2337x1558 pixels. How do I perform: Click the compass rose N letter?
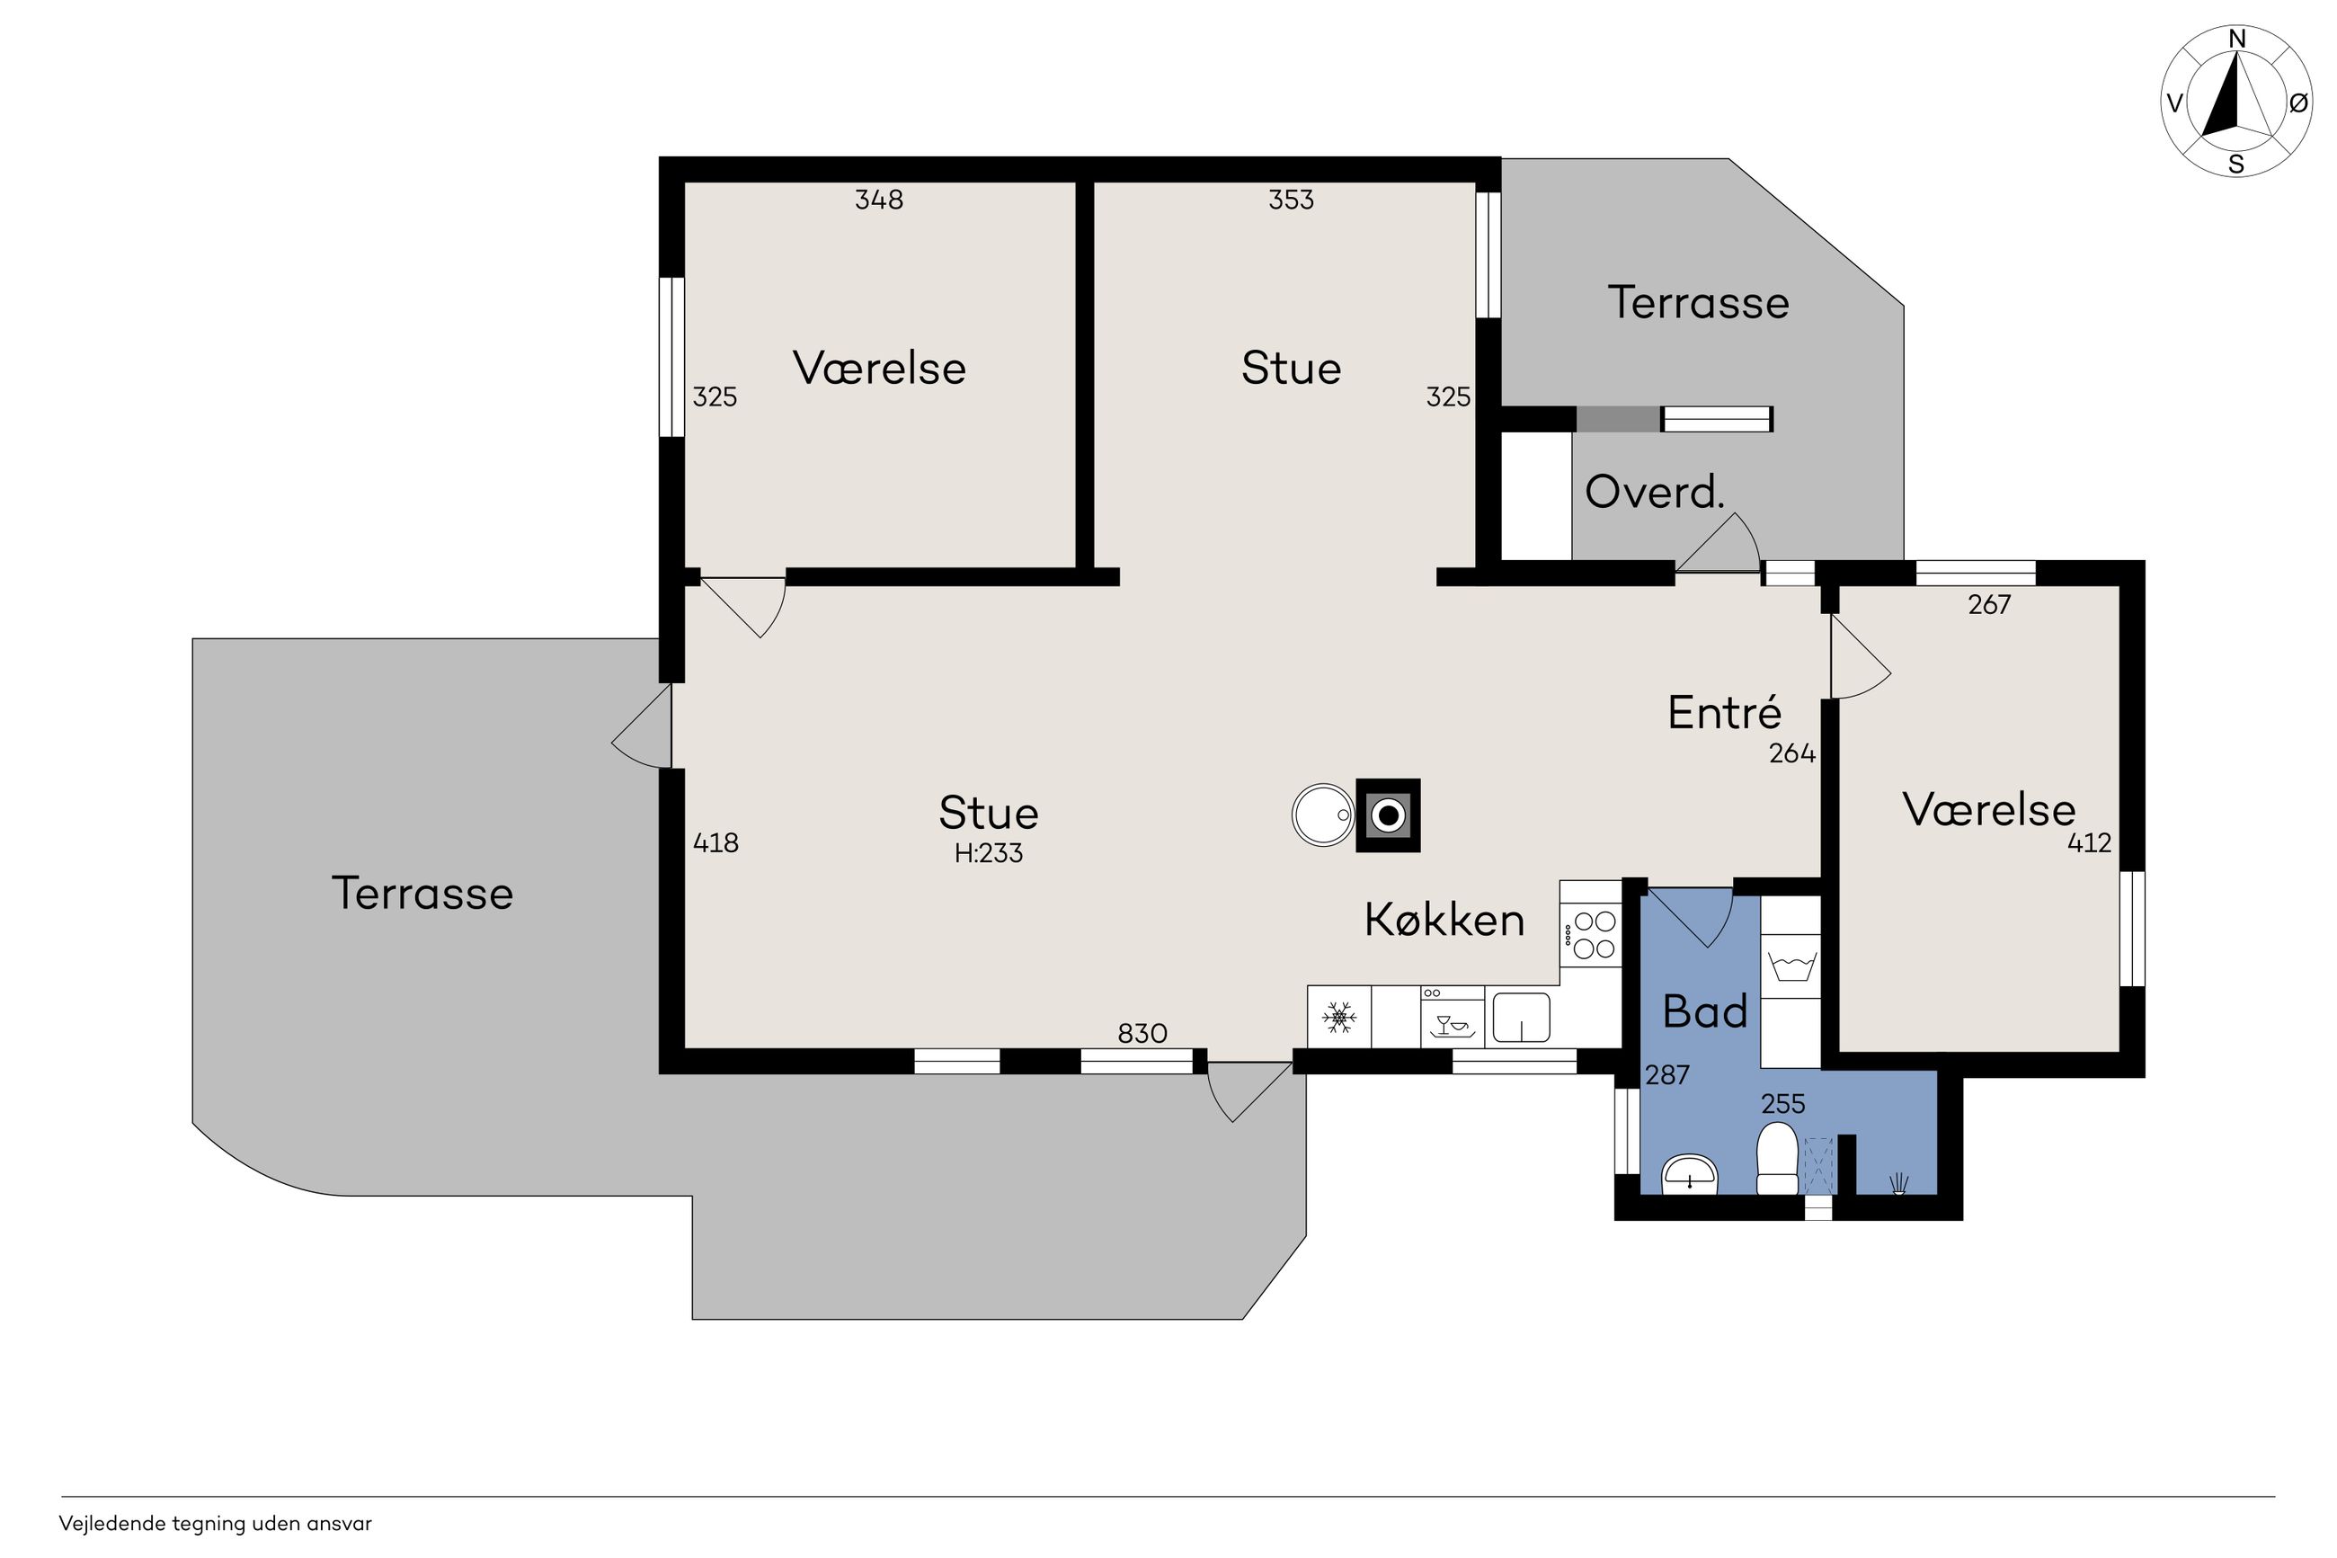(x=2236, y=39)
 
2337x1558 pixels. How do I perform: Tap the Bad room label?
(x=1704, y=1011)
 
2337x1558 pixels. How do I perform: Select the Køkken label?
(x=1444, y=919)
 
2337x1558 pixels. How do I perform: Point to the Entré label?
(x=1724, y=712)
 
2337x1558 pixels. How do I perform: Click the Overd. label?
(x=1655, y=492)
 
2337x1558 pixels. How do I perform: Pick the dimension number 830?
(x=1142, y=1033)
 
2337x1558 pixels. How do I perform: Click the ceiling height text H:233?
(x=988, y=852)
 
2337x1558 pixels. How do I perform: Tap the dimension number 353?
(x=1291, y=200)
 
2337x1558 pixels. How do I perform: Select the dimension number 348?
(x=879, y=200)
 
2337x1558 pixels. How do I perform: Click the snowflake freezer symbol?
(x=1340, y=1018)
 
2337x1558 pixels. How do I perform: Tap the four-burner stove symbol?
(x=1591, y=935)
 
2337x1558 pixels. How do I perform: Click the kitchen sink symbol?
(x=1521, y=1018)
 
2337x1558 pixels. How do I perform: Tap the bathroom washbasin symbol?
(x=1690, y=1173)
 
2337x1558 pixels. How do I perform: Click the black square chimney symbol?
(x=1389, y=815)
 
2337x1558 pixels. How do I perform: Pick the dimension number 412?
(x=2089, y=842)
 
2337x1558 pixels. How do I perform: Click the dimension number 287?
(x=1666, y=1075)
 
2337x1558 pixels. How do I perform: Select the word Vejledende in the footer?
(x=111, y=1524)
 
